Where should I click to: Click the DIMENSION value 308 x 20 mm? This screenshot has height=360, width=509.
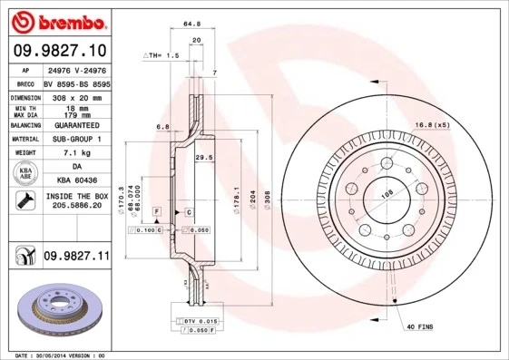75,97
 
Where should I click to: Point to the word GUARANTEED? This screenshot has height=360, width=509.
75,125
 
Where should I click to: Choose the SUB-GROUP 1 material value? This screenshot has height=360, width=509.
75,140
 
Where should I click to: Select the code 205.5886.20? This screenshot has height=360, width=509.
75,207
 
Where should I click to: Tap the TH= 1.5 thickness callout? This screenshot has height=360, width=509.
162,56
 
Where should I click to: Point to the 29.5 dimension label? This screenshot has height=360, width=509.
203,158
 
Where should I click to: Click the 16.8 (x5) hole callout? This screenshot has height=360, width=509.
432,124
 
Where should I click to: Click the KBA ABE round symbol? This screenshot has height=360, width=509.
25,173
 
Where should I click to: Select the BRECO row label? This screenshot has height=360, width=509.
24,83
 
